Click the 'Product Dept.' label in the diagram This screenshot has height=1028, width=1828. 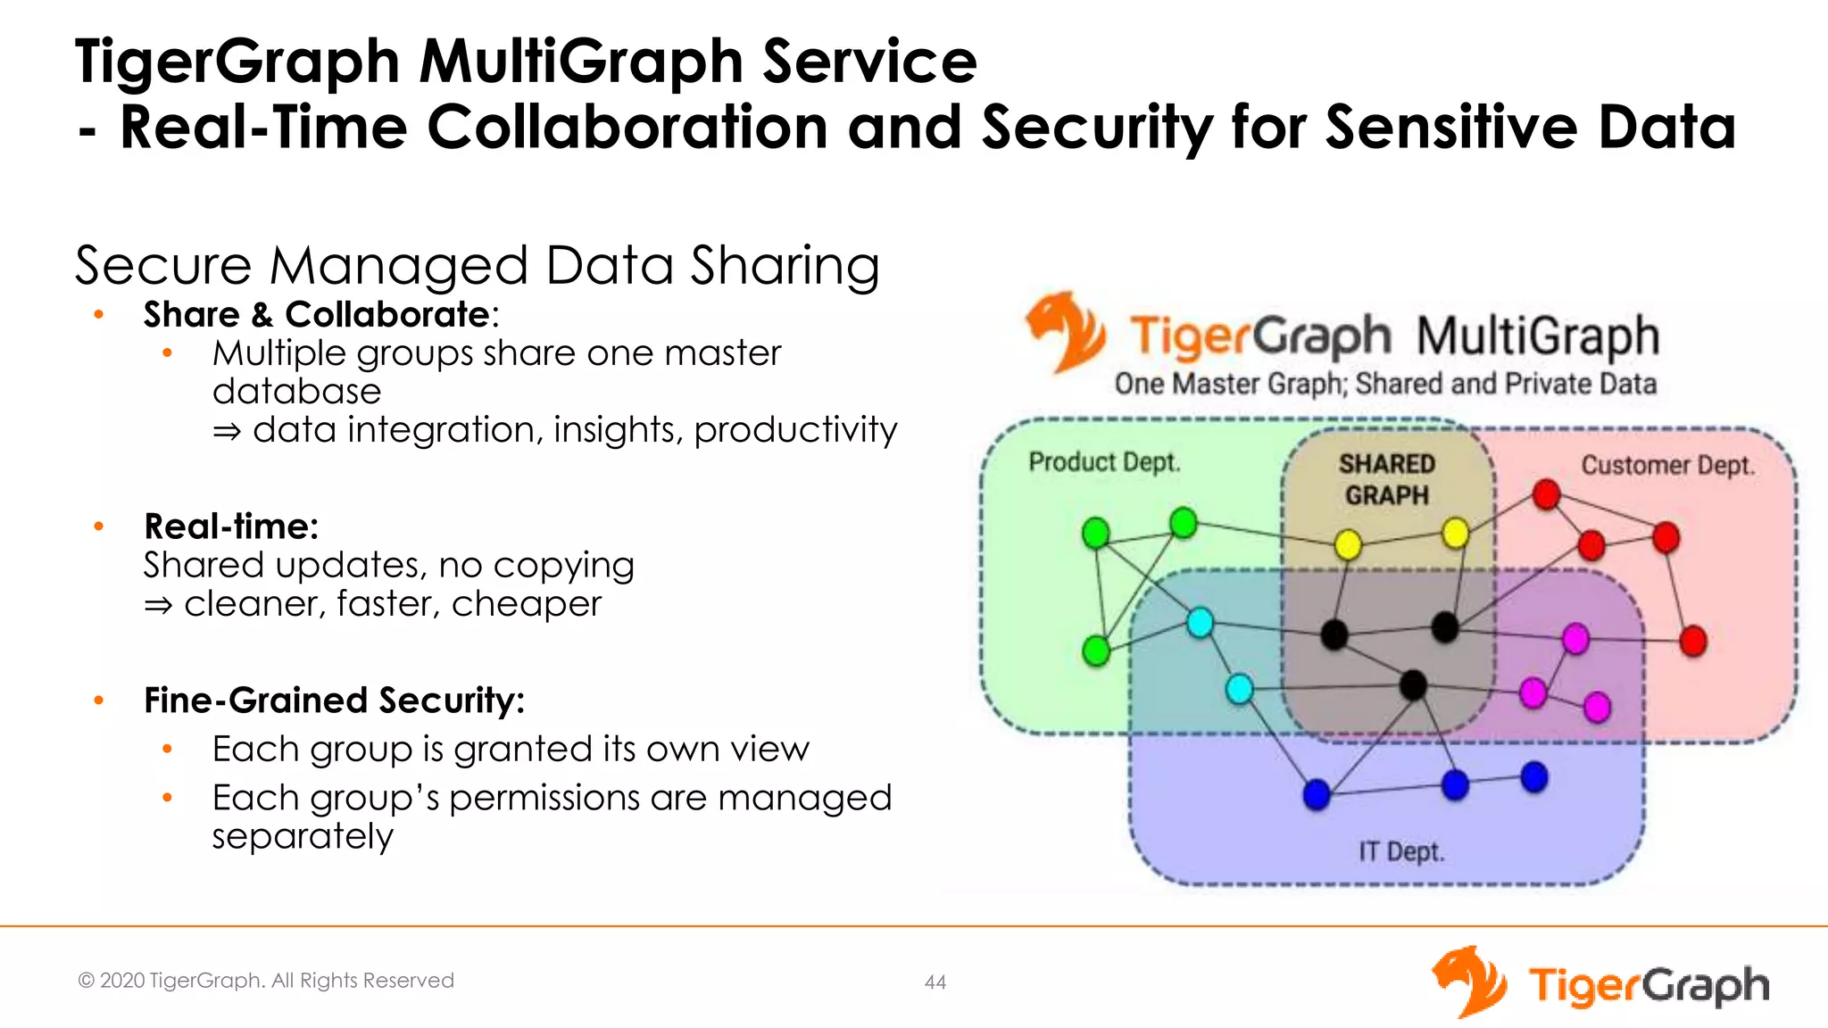click(1104, 462)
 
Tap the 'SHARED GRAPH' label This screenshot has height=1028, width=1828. click(1386, 479)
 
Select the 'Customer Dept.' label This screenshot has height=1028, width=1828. click(1667, 465)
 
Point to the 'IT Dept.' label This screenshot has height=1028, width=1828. click(1400, 851)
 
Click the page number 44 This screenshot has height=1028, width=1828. click(935, 982)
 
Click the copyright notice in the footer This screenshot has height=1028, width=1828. click(266, 981)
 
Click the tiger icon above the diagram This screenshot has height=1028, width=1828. click(1064, 331)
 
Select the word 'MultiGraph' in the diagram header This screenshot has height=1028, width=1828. click(1537, 336)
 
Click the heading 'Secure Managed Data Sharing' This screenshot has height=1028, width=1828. click(477, 266)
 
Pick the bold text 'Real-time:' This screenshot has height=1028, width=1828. click(231, 526)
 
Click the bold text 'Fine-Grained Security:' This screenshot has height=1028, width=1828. click(334, 701)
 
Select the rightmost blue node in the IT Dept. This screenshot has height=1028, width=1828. click(1534, 776)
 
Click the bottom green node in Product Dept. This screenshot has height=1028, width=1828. click(1095, 651)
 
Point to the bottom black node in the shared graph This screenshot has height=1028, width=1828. click(1412, 685)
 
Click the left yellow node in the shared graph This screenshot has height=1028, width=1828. click(1348, 543)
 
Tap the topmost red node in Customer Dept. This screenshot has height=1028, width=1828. click(1546, 493)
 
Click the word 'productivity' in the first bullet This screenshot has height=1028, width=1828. click(794, 431)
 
